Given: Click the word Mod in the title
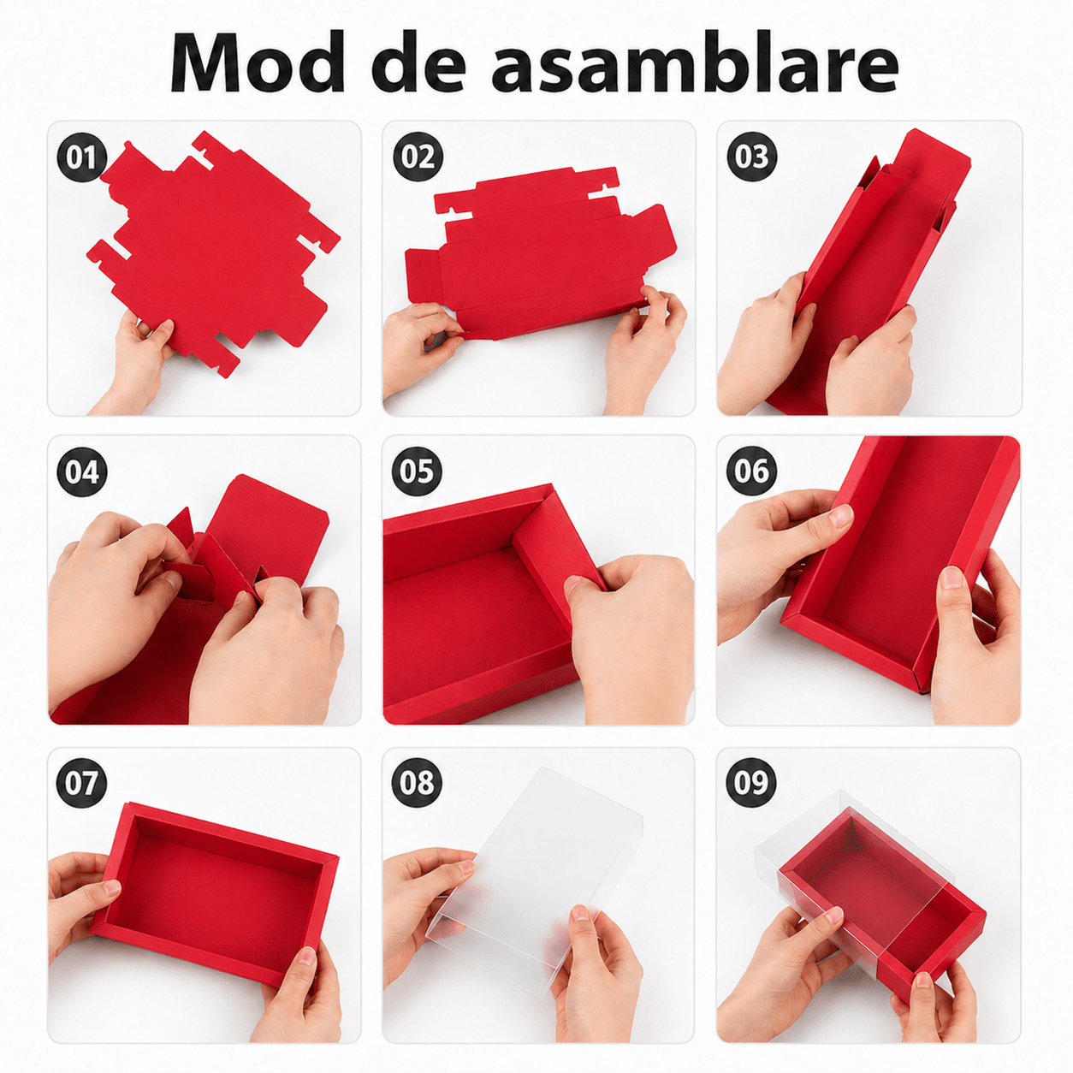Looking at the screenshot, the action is [258, 63].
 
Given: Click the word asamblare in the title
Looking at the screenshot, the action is [695, 62].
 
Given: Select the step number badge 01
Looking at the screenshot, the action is [82, 157].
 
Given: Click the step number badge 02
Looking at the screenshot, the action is [418, 157].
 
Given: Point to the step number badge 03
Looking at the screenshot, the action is [751, 157].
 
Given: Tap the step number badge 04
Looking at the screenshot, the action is [82, 471].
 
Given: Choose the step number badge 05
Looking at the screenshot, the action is [417, 471].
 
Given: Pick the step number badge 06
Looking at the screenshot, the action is [751, 471].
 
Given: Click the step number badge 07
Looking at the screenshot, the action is [82, 782].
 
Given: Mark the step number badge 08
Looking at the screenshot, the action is [417, 782].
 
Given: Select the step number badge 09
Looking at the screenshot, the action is [751, 782].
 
